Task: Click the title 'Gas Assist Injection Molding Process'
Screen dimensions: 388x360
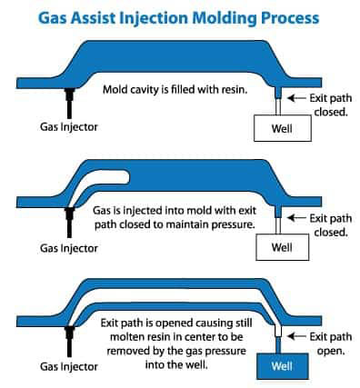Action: point(179,15)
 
